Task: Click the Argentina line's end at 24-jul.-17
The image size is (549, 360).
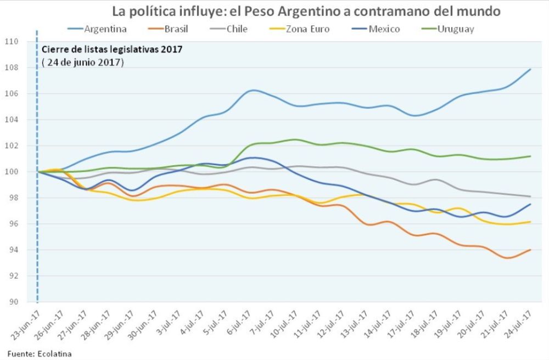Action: pyautogui.click(x=530, y=69)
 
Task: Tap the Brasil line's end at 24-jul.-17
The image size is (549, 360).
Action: pyautogui.click(x=530, y=250)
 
